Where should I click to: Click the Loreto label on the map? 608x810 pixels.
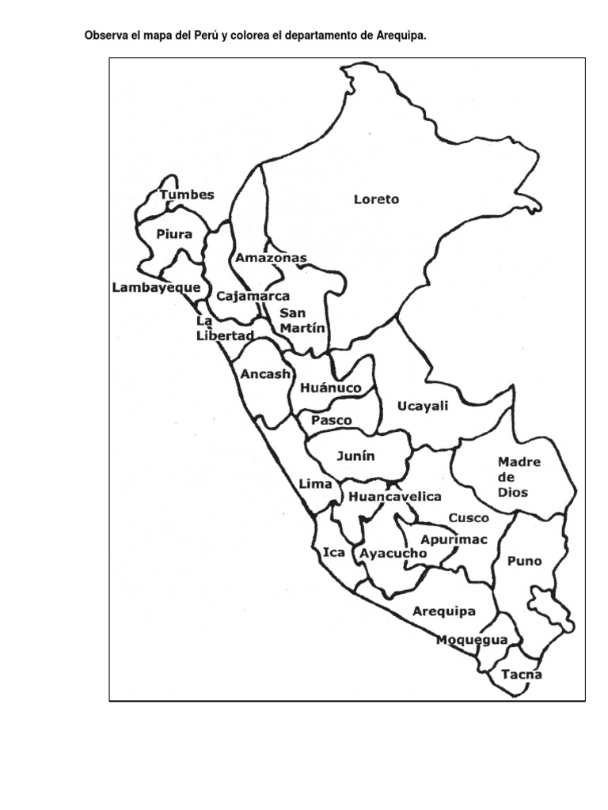tap(376, 199)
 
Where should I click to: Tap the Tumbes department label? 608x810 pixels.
tap(187, 195)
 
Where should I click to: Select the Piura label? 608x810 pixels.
tap(174, 233)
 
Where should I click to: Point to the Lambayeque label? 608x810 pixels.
tap(156, 288)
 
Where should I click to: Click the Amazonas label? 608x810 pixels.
tap(270, 258)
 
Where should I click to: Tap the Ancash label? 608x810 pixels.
tap(266, 373)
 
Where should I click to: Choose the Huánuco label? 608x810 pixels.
tap(331, 388)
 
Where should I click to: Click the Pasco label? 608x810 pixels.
tap(331, 420)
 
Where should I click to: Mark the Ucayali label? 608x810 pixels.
tap(423, 406)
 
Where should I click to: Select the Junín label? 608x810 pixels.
tap(355, 456)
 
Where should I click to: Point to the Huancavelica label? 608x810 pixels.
tap(394, 497)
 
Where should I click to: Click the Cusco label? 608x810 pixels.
tap(469, 518)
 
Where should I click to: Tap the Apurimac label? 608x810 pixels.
tap(454, 539)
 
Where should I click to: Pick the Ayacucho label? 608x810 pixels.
tap(393, 554)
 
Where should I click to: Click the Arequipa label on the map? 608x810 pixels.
tap(443, 611)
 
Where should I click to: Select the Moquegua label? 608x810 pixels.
tap(472, 640)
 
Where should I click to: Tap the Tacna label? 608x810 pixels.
tap(522, 675)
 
